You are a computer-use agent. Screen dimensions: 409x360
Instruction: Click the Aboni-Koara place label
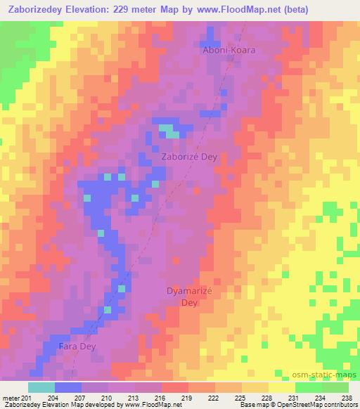(228, 51)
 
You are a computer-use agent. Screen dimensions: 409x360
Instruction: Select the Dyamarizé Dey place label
(189, 296)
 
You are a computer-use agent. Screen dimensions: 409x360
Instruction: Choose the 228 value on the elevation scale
(268, 398)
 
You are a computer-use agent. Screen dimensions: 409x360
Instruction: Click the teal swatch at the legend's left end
(41, 387)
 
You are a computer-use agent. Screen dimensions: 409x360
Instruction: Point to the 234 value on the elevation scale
(321, 398)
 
